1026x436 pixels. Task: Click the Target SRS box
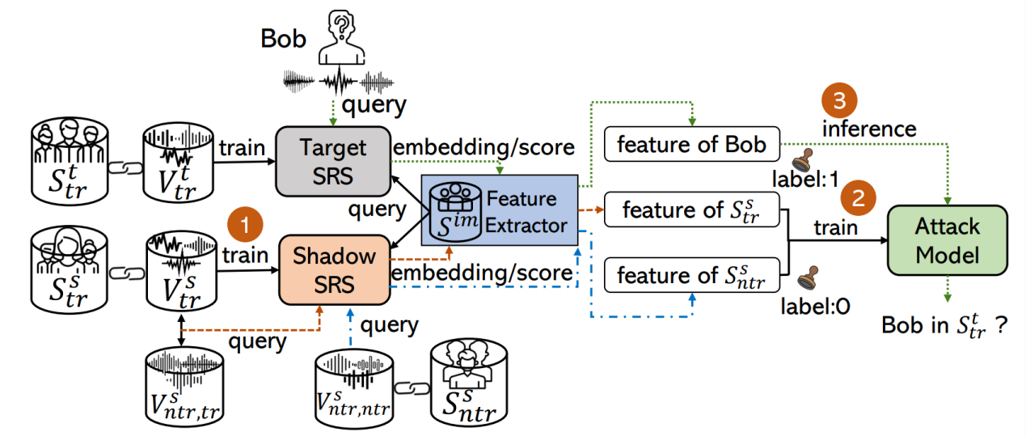(x=333, y=160)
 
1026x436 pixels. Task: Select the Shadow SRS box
(x=334, y=268)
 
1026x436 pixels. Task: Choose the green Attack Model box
(x=947, y=242)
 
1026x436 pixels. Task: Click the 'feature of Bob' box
(x=690, y=145)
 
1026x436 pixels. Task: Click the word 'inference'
(x=869, y=129)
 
